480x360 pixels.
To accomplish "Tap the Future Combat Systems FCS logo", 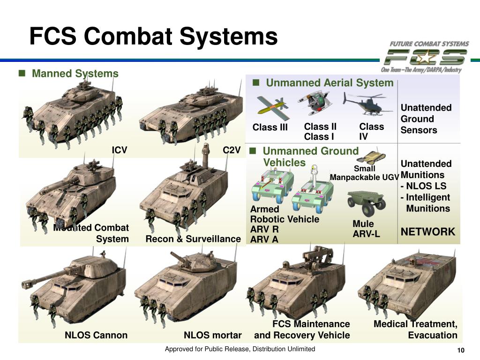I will (x=425, y=57).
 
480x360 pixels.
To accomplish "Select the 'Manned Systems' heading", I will (x=75, y=74).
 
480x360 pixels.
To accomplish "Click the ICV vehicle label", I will (x=119, y=150).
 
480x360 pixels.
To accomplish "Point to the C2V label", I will (x=232, y=150).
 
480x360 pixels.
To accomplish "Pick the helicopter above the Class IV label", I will (x=365, y=104).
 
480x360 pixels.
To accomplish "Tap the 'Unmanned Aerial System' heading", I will (x=329, y=83).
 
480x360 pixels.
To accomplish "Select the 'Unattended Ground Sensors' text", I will (x=426, y=119).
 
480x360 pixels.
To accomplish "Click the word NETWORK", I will (x=427, y=232).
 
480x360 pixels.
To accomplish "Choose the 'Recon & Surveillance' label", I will (x=193, y=239).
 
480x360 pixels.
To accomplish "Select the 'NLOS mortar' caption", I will (x=212, y=335).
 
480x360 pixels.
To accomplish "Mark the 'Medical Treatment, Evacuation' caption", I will (x=415, y=330).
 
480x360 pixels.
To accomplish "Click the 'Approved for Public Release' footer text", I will (x=240, y=349).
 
